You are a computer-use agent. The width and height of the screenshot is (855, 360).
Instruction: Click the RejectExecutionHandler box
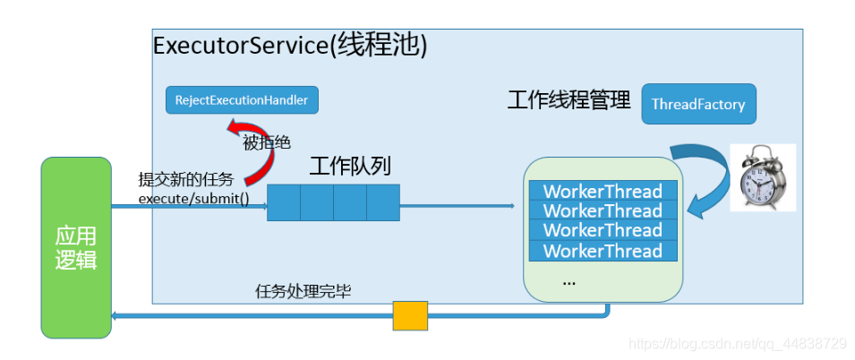(x=242, y=100)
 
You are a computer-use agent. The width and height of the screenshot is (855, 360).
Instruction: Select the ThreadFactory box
(x=698, y=104)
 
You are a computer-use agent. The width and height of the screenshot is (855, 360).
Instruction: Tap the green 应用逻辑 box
(x=76, y=247)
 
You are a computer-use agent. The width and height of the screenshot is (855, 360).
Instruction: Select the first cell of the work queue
(x=284, y=202)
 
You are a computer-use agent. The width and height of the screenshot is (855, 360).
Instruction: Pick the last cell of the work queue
(x=382, y=202)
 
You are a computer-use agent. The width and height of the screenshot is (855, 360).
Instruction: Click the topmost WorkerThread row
(x=603, y=191)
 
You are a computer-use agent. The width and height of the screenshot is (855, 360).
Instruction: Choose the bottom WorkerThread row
(x=603, y=251)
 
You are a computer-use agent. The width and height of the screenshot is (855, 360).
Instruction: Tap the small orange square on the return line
(x=410, y=315)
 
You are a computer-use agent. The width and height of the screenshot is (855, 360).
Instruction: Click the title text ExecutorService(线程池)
(x=290, y=47)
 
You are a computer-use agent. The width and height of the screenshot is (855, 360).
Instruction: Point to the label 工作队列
(x=350, y=167)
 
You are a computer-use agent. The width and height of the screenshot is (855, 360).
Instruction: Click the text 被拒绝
(x=266, y=142)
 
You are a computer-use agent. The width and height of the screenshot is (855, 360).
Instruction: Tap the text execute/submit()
(x=193, y=198)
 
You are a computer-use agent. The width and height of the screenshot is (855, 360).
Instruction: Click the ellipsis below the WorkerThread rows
(x=569, y=281)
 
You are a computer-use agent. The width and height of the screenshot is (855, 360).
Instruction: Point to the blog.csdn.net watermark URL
(x=737, y=343)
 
